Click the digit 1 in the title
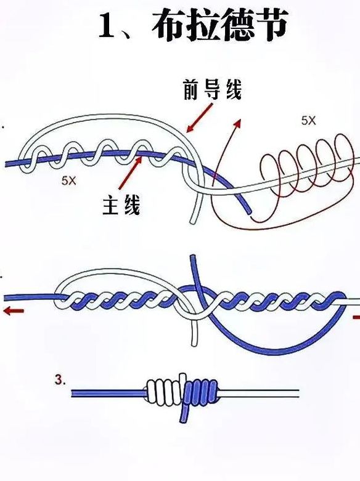coord(107,26)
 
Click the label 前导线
coord(212,89)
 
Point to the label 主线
coord(121,205)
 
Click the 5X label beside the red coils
coord(308,121)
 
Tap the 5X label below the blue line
coord(68,180)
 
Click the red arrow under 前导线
coord(199,118)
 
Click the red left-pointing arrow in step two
coord(13,312)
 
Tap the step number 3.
coord(60,381)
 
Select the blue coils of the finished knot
coord(201,390)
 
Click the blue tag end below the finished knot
coord(184,413)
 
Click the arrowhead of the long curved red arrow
coord(237,123)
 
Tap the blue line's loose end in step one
coord(249,211)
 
